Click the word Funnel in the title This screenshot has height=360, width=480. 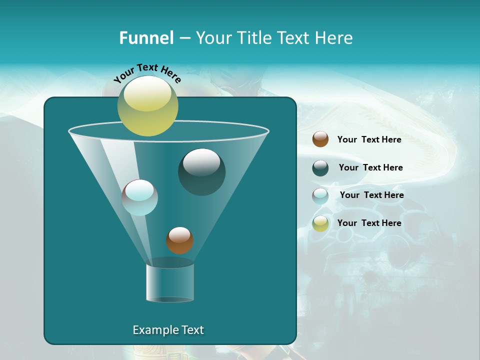146,38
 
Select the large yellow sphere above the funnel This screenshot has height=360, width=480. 147,105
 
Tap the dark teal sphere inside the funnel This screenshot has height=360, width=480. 201,172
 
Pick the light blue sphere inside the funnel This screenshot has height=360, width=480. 140,197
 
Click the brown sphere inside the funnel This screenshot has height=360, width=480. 179,240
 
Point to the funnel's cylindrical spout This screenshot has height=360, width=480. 169,282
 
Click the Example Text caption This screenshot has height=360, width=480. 168,330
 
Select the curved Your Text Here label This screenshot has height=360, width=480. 147,73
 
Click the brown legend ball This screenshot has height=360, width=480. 320,139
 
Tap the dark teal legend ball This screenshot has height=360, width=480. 320,168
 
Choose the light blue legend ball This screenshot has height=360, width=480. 320,196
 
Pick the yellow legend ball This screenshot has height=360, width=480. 320,223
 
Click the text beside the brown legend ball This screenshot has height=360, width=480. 369,139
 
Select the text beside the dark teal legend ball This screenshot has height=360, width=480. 370,167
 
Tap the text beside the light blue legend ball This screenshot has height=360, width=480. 371,195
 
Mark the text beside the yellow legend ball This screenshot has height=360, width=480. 369,223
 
